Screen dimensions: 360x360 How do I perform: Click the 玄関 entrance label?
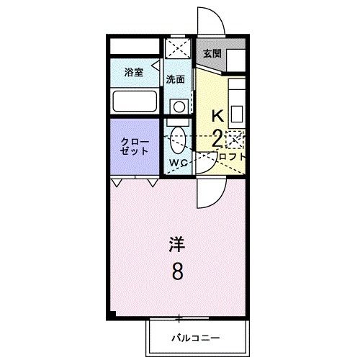click(212, 53)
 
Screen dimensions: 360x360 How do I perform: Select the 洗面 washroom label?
click(176, 79)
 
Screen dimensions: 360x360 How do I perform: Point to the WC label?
click(179, 163)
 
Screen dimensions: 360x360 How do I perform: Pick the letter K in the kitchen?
click(217, 115)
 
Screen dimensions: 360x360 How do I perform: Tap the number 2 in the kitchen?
click(217, 139)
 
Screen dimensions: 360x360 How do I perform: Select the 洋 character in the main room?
click(178, 244)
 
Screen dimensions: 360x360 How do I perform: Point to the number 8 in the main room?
click(178, 273)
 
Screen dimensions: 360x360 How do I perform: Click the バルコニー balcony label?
click(196, 337)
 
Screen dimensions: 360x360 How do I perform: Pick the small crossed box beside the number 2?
click(234, 139)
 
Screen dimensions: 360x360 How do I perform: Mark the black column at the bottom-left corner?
click(112, 315)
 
